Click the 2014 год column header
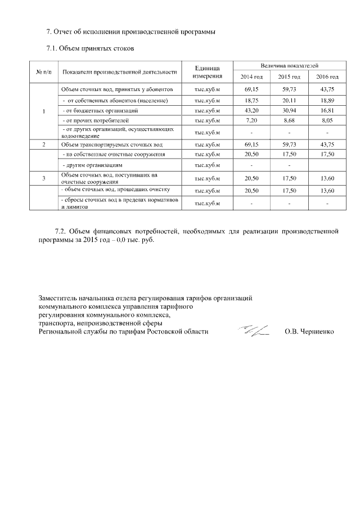[251, 76]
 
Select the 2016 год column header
[327, 76]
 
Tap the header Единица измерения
[206, 71]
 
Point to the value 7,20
[251, 120]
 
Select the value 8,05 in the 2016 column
[327, 120]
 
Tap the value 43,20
[251, 110]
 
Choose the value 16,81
[327, 110]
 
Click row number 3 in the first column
[44, 178]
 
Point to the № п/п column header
[44, 72]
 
